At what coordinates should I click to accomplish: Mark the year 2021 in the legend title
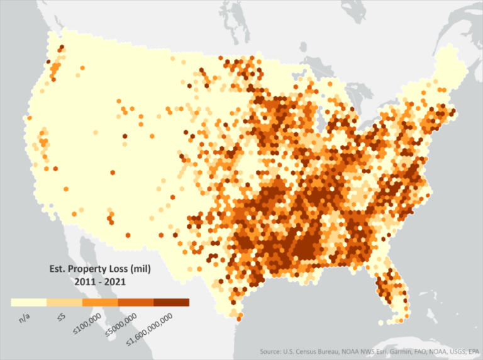(x=114, y=281)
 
